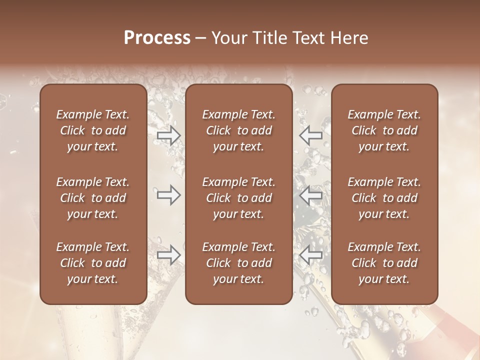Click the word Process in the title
pyautogui.click(x=157, y=38)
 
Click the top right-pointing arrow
pyautogui.click(x=168, y=135)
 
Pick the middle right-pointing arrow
pyautogui.click(x=168, y=195)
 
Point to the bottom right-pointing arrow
pyautogui.click(x=168, y=255)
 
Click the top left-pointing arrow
pyautogui.click(x=311, y=135)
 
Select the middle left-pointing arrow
pyautogui.click(x=311, y=195)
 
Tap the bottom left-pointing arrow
pyautogui.click(x=311, y=255)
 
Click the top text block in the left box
pyautogui.click(x=93, y=130)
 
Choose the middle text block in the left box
pyautogui.click(x=93, y=198)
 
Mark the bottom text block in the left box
pyautogui.click(x=93, y=263)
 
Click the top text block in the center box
pyautogui.click(x=239, y=130)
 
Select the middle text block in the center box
pyautogui.click(x=239, y=198)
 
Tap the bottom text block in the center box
pyautogui.click(x=239, y=263)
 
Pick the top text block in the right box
pyautogui.click(x=384, y=130)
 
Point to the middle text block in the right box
pyautogui.click(x=384, y=198)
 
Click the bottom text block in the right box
pyautogui.click(x=384, y=263)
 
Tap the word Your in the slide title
pyautogui.click(x=227, y=38)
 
